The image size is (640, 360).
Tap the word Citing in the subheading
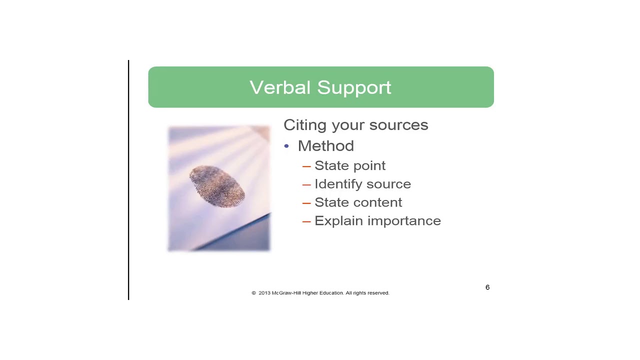pyautogui.click(x=304, y=125)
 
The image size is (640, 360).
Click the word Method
pyautogui.click(x=325, y=146)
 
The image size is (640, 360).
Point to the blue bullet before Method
pyautogui.click(x=286, y=146)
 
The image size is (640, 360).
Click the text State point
pyautogui.click(x=349, y=165)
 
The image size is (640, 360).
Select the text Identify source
pyautogui.click(x=362, y=184)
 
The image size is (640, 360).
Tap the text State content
pyautogui.click(x=358, y=202)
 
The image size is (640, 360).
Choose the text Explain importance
pyautogui.click(x=377, y=221)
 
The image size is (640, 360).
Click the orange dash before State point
pyautogui.click(x=306, y=166)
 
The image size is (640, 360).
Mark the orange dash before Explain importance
pyautogui.click(x=306, y=221)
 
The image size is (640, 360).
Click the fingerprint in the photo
pyautogui.click(x=217, y=186)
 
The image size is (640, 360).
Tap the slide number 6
pyautogui.click(x=487, y=287)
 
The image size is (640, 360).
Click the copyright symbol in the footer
pyautogui.click(x=253, y=293)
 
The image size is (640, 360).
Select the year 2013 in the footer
pyautogui.click(x=264, y=293)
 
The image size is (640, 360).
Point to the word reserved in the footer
pyautogui.click(x=378, y=293)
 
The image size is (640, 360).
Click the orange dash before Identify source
pyautogui.click(x=306, y=184)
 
